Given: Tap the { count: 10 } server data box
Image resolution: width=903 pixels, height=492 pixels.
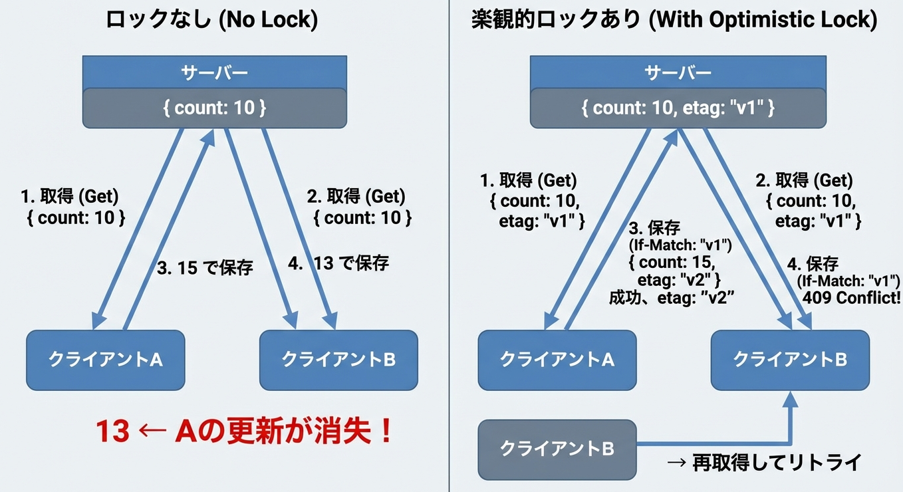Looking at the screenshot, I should coord(214,108).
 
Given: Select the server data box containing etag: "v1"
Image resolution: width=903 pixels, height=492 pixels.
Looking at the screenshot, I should coord(678,108).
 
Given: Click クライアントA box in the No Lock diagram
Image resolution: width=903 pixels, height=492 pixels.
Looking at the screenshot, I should coord(105,360).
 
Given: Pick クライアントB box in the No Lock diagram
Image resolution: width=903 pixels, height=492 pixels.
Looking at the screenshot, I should coord(338,360).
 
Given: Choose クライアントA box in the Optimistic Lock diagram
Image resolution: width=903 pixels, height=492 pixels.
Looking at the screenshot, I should coord(557,360).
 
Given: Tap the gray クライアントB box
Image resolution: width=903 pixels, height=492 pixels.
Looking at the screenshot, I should coord(557,449).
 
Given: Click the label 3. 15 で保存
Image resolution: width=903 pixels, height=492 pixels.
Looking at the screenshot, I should coord(205,269).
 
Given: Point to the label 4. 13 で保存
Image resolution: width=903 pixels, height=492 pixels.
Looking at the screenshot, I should coord(339,263).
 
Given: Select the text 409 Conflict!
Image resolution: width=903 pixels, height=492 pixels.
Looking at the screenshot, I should coord(850,297).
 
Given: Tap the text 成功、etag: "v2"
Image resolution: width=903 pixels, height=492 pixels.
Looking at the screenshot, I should coord(671,299).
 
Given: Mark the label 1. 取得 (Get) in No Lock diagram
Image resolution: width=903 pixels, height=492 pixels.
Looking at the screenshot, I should coord(69,197).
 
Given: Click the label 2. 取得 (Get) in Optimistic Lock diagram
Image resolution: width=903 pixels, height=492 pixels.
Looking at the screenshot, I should coord(804,180).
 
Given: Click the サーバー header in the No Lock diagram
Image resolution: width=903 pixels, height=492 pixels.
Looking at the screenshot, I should coord(214,72).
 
